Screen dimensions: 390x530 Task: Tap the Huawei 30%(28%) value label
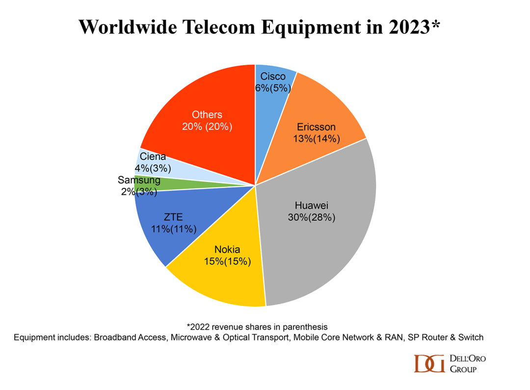click(x=312, y=217)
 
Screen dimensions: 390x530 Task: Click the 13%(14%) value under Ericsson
click(x=316, y=138)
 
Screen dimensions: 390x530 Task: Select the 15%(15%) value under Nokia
click(x=227, y=261)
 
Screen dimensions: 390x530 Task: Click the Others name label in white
click(x=207, y=115)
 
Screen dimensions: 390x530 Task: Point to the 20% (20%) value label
click(x=207, y=126)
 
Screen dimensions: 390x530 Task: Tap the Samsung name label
click(x=139, y=181)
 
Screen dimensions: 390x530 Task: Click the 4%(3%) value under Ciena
click(x=152, y=168)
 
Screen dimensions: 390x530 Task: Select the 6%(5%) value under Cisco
click(x=273, y=88)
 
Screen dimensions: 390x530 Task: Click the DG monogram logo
click(x=429, y=364)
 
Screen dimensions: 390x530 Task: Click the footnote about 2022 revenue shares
click(x=257, y=326)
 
